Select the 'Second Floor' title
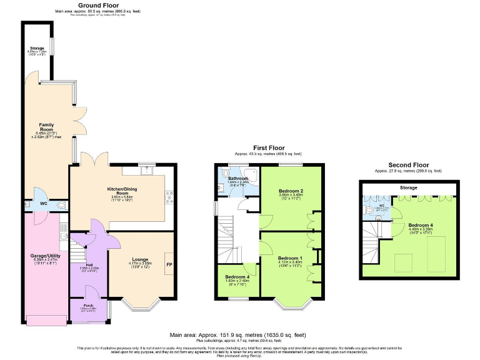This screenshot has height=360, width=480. point(407,165)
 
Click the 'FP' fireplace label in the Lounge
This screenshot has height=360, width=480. point(169,264)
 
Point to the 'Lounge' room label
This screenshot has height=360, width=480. point(140,259)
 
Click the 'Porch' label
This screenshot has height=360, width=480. point(88,306)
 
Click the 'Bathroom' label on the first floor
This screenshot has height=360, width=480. point(237,179)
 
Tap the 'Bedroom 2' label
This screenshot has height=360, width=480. point(291,191)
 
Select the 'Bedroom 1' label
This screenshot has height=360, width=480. point(290,258)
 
